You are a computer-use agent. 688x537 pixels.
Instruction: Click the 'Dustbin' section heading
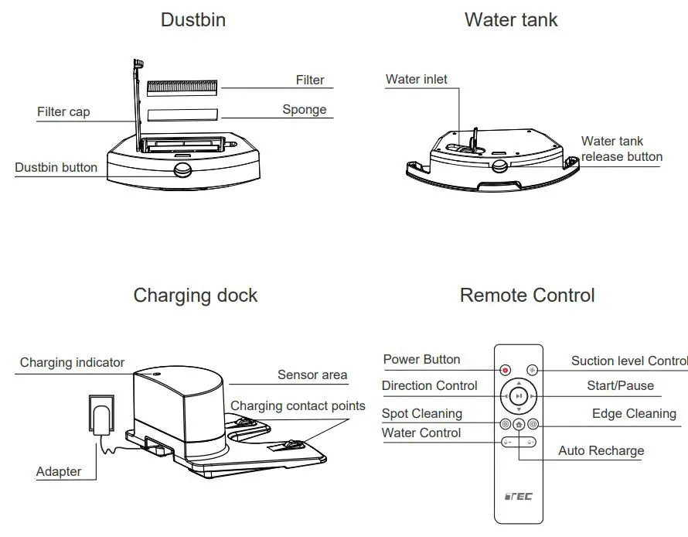click(x=193, y=20)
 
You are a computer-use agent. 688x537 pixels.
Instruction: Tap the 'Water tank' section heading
click(x=511, y=20)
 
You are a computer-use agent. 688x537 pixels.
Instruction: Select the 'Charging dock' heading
click(x=196, y=296)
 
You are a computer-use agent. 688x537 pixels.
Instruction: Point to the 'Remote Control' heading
click(x=527, y=296)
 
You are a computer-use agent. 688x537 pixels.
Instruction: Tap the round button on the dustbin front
click(x=183, y=170)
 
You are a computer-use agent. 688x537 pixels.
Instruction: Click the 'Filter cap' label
click(x=63, y=112)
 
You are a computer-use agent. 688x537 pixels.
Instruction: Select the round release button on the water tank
click(x=500, y=165)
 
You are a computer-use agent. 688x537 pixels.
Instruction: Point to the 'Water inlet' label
click(x=417, y=79)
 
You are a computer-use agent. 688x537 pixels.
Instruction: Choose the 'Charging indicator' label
click(x=72, y=362)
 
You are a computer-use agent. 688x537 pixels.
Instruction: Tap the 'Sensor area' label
click(x=312, y=375)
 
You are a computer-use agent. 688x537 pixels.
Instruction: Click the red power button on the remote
click(x=505, y=371)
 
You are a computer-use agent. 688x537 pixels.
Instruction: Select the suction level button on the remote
click(x=532, y=371)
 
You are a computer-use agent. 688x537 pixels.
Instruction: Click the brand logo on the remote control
click(x=518, y=496)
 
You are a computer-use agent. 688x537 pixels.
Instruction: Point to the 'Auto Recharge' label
click(x=601, y=451)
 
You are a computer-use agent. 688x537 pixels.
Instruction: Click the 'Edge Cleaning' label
click(x=634, y=414)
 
